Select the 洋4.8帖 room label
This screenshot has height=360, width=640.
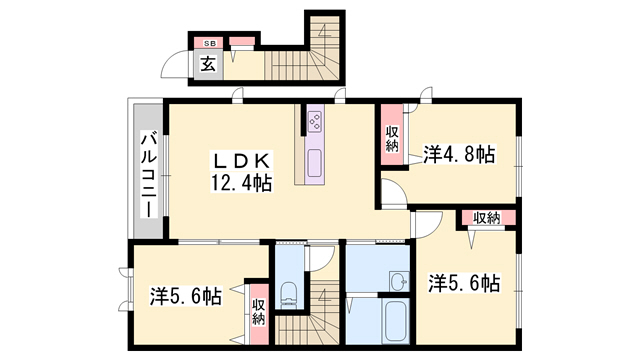(x=459, y=154)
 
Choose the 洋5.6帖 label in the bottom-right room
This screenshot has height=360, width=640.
(x=464, y=283)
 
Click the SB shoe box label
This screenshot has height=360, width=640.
(x=210, y=44)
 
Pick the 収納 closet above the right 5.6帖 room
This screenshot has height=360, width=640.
(x=487, y=218)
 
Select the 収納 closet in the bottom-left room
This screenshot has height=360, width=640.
(x=258, y=313)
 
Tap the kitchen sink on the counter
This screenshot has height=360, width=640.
(x=314, y=163)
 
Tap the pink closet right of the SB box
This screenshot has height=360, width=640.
(x=243, y=44)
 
